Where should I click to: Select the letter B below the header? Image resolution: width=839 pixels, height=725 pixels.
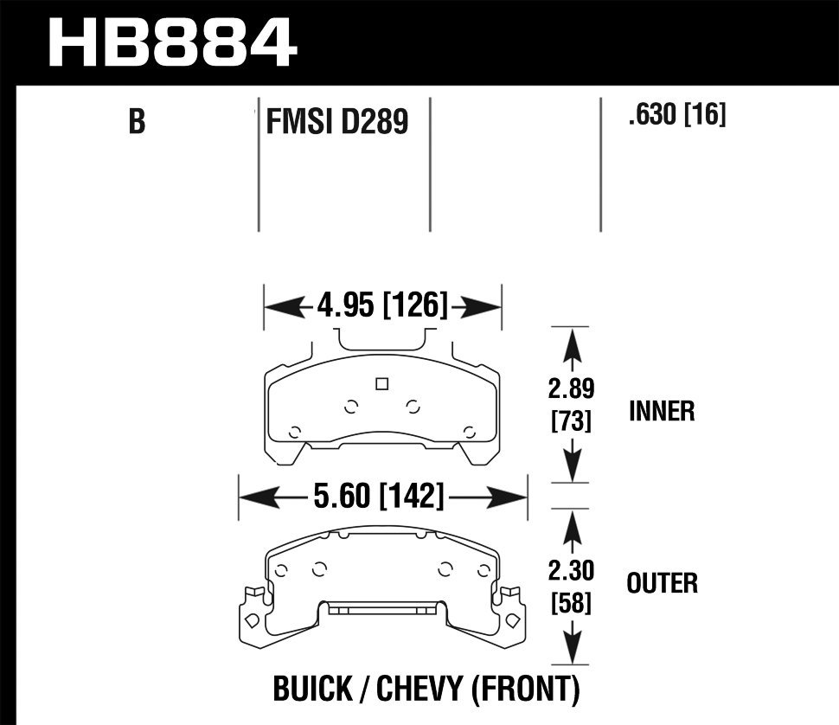(x=137, y=122)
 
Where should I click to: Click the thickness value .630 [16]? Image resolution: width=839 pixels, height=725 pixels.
(x=677, y=115)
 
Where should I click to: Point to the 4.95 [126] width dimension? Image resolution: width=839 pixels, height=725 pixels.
(x=382, y=305)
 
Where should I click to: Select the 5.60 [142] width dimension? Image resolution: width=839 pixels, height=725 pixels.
(x=381, y=497)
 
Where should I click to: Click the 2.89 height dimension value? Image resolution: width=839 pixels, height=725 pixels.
(x=570, y=388)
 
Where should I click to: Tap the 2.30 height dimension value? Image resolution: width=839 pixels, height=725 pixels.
(x=570, y=572)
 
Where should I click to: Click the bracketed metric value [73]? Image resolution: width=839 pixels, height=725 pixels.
(x=570, y=421)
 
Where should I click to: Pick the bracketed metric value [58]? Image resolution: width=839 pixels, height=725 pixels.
(x=570, y=603)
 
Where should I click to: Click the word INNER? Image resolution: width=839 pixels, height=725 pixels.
(x=662, y=411)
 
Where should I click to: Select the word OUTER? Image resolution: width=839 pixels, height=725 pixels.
(x=662, y=583)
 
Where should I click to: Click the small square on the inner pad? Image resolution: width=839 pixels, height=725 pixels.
(x=381, y=385)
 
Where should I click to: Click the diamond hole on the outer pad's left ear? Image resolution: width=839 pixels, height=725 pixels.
(x=251, y=620)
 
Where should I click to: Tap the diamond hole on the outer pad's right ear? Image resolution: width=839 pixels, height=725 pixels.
(x=512, y=620)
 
